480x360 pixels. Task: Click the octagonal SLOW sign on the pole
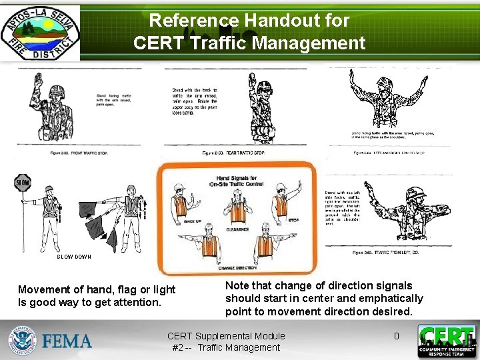23,182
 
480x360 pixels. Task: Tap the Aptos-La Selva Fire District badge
40,33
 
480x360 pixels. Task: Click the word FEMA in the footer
67,341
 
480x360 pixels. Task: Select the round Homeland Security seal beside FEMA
23,341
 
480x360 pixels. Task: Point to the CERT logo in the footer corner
447,341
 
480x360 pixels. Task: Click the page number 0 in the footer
396,336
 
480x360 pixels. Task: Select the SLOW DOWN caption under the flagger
73,257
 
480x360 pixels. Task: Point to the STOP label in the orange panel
293,220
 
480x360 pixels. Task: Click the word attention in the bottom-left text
137,302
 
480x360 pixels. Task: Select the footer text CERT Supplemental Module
226,336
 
